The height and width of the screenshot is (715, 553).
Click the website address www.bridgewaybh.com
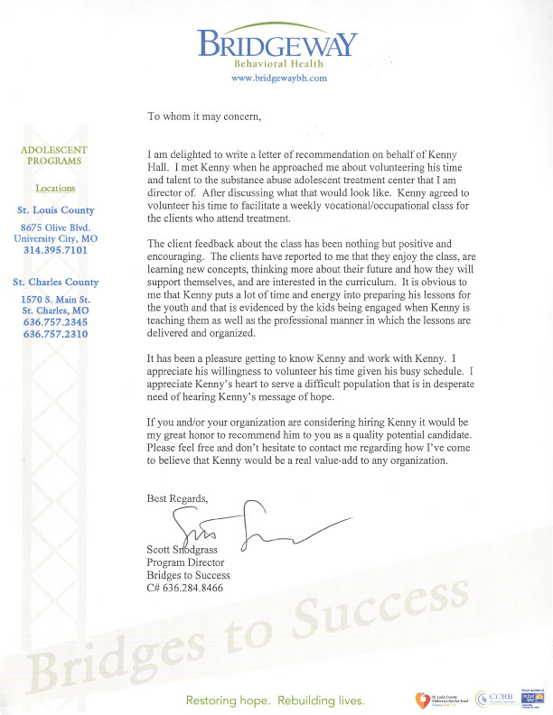pyautogui.click(x=277, y=79)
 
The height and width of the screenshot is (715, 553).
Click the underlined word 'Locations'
pyautogui.click(x=55, y=189)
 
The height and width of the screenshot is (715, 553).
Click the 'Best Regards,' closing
pyautogui.click(x=177, y=497)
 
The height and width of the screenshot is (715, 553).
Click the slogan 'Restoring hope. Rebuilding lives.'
pyautogui.click(x=276, y=700)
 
